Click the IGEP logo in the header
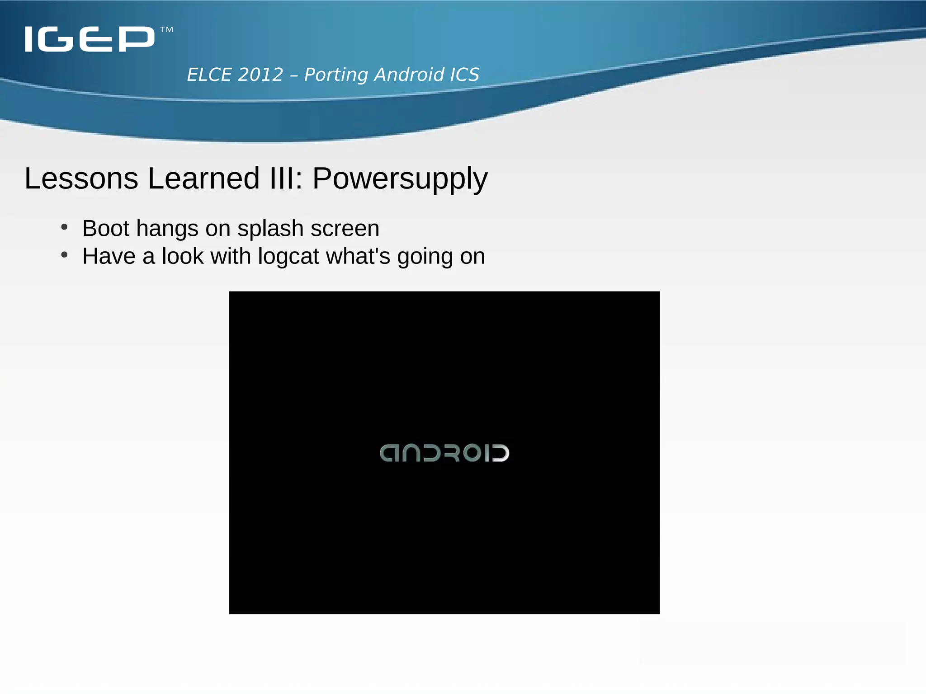[x=90, y=39]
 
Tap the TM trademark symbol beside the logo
[x=166, y=30]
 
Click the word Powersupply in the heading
[x=400, y=179]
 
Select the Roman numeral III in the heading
[x=281, y=178]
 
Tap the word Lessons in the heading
[x=81, y=178]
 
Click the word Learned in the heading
[x=203, y=178]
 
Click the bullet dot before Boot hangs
[x=64, y=227]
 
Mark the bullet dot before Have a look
[x=64, y=255]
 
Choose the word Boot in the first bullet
[x=106, y=228]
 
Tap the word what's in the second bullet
[x=358, y=256]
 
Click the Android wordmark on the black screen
[x=444, y=453]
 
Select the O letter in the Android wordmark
[x=472, y=453]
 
